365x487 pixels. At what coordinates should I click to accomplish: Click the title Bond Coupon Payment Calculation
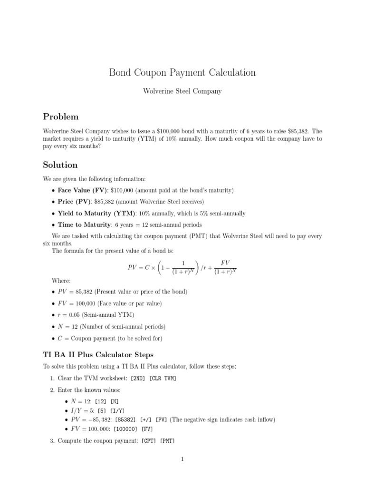click(182, 72)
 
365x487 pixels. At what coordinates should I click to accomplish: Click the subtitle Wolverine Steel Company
click(182, 91)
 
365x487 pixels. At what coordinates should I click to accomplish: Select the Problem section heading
click(61, 117)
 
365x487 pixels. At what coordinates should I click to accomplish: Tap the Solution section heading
click(60, 165)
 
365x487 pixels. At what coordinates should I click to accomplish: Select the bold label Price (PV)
click(75, 202)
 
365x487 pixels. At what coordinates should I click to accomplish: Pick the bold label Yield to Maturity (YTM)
click(96, 214)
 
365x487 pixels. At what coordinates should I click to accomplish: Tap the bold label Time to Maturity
click(85, 225)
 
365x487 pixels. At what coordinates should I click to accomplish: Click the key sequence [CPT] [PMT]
click(158, 441)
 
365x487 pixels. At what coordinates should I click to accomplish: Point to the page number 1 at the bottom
click(182, 459)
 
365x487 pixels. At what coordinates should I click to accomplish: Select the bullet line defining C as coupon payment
click(110, 338)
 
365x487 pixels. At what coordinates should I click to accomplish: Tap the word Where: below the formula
click(61, 281)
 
